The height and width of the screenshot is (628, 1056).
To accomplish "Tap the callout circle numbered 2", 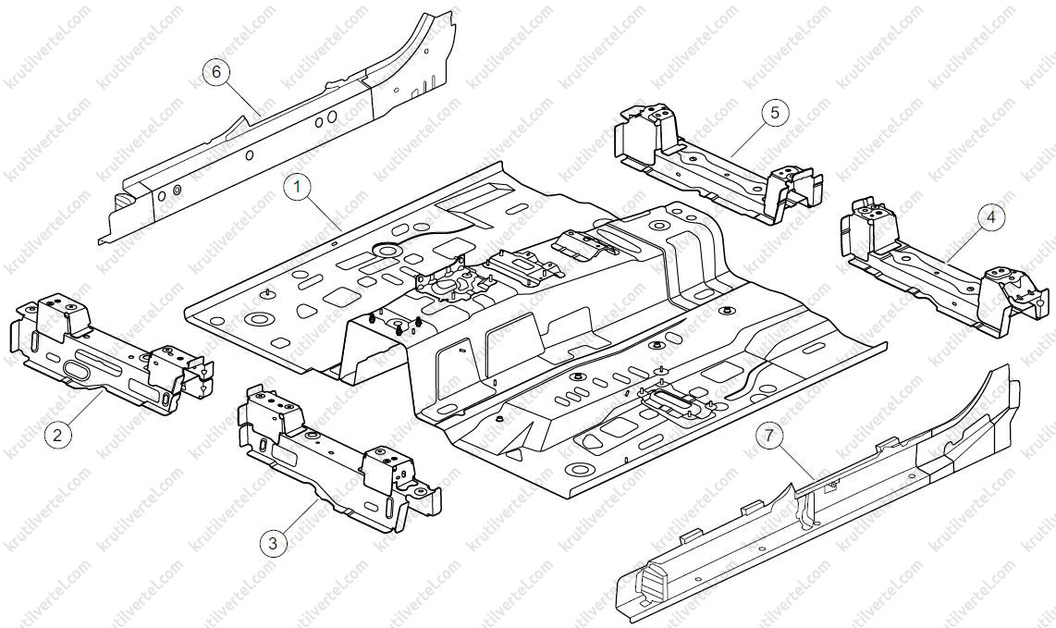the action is [x=57, y=435].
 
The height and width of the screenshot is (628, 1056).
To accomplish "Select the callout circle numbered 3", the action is [x=273, y=543].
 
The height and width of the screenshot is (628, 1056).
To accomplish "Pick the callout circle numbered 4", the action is [x=990, y=217].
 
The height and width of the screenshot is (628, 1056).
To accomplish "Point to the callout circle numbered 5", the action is [x=775, y=113].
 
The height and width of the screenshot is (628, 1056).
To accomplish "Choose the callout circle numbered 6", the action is [x=216, y=71].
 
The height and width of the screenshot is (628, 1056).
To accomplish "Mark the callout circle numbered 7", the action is [x=769, y=436].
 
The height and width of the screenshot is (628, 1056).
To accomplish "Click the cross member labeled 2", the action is [x=111, y=354].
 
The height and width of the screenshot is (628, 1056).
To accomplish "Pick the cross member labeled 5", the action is [x=718, y=164].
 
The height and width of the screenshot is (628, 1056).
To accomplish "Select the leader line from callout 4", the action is [x=963, y=244].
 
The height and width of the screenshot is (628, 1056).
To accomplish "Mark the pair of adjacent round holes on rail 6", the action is [x=326, y=119].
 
